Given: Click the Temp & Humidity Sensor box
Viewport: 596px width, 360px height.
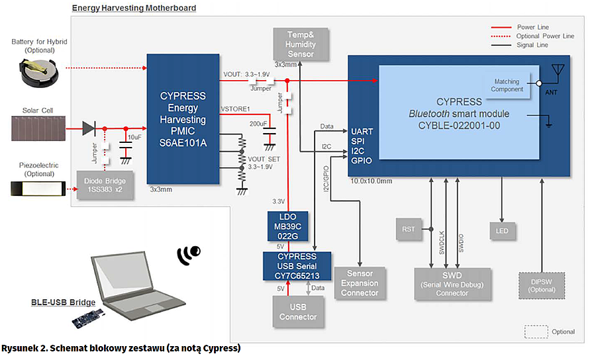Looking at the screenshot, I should point(301,44).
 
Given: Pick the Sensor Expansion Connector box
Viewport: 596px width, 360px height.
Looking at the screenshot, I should point(360,283).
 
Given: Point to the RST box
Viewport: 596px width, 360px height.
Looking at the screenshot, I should point(408,230).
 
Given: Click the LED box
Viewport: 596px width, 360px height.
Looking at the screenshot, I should point(501,230).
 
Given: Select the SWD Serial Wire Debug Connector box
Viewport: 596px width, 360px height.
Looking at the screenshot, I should point(452,283).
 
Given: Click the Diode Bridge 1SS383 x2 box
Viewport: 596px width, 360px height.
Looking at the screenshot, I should point(103,185).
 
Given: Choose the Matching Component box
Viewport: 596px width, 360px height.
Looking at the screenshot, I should point(507,85).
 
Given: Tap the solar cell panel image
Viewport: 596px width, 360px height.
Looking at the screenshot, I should point(40,128).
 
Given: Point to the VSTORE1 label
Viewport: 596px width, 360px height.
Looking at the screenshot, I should point(234,109).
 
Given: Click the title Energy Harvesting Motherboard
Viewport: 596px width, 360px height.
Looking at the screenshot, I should point(134,8).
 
